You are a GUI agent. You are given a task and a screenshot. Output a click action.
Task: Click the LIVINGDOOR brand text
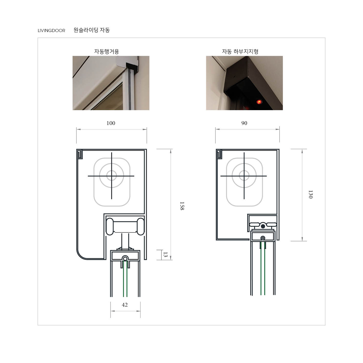(x=51, y=30)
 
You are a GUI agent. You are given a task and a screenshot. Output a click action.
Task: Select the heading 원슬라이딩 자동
(x=91, y=30)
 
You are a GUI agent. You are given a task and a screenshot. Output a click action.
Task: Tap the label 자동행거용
(x=107, y=51)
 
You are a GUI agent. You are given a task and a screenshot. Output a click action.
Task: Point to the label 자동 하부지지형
(x=240, y=51)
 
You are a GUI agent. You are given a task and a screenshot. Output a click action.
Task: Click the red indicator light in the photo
(x=259, y=102)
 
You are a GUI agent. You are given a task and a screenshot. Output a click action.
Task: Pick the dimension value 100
(x=111, y=123)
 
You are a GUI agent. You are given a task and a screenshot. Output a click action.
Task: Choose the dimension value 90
(x=244, y=123)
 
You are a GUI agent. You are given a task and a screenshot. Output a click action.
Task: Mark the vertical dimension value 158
(x=182, y=206)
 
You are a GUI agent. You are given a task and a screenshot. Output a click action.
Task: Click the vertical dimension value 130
(x=311, y=194)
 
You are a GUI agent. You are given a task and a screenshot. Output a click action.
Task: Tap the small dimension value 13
(x=165, y=255)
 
